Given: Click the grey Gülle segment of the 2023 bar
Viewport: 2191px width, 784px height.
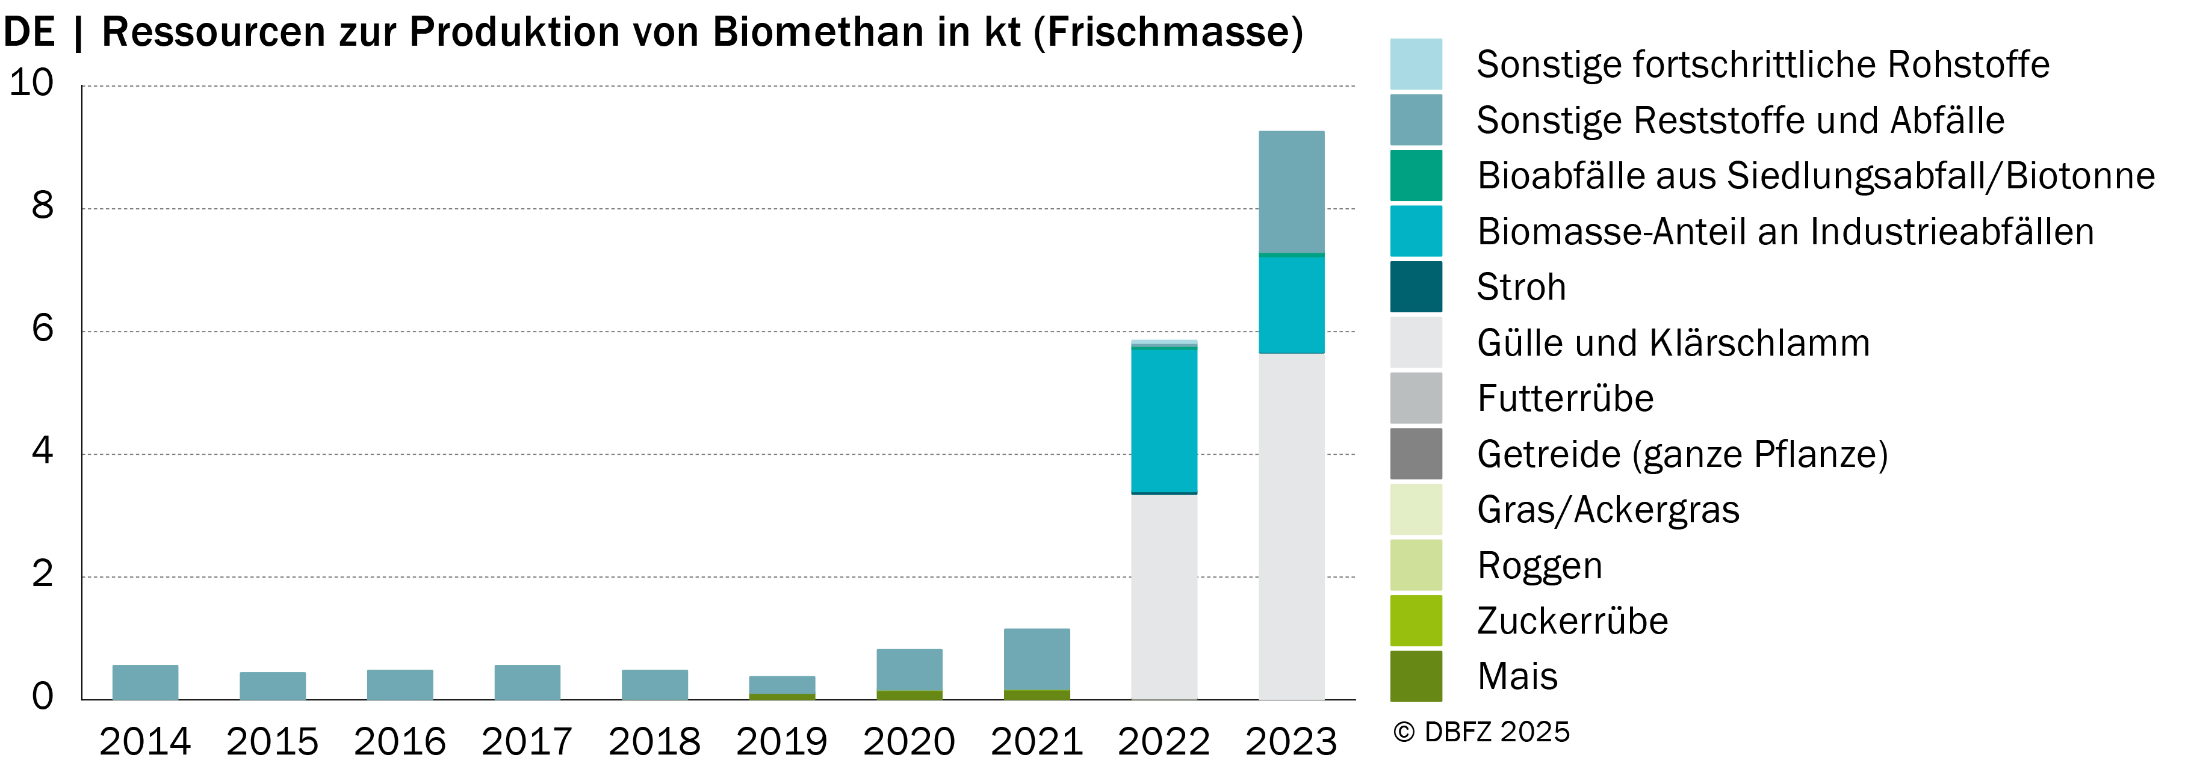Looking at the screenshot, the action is coord(1291,526).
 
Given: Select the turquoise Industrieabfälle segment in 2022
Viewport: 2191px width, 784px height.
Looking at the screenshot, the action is coord(1164,420).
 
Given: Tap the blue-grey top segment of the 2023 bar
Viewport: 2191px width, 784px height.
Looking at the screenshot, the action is coord(1291,192).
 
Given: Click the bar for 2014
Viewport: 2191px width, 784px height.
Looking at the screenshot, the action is coord(146,682).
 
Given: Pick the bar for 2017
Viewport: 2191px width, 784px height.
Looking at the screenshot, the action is coord(527,682).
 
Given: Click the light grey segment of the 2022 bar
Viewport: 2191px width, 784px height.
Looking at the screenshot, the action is coord(1164,597).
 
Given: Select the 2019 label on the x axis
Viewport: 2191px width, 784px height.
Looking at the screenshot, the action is coord(782,741).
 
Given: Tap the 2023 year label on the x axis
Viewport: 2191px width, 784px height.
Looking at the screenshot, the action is coord(1291,741).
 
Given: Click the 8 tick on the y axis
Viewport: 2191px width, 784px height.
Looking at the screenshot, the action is coord(43,206).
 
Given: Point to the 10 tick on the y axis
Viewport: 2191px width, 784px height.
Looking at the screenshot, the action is coord(31,82).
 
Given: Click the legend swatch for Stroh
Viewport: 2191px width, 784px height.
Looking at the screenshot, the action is coord(1416,286).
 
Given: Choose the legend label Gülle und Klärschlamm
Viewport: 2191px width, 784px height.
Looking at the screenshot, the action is coord(1673,343).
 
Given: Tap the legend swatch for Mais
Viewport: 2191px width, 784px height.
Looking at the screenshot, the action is coord(1416,676).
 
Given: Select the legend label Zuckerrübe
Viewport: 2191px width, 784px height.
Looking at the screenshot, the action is coord(1573,621).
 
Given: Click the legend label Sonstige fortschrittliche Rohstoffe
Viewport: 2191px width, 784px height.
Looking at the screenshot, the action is coord(1763,64).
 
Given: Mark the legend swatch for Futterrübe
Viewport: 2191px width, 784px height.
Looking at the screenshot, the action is coord(1416,398).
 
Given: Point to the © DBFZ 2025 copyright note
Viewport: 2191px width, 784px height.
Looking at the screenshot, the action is coord(1481,732).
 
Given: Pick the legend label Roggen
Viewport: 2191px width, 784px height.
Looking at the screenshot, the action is coord(1540,566).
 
